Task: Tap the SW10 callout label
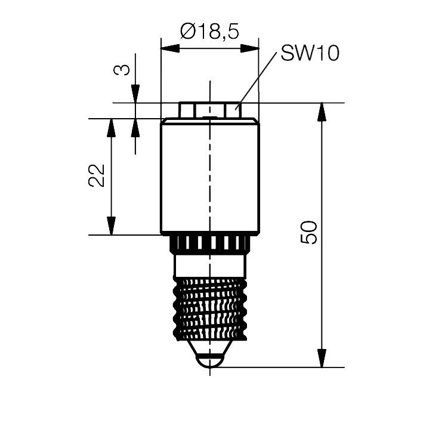(x=310, y=53)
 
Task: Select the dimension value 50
(x=310, y=232)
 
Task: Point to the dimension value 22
(x=97, y=175)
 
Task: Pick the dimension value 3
(x=121, y=70)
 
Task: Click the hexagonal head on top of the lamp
(x=209, y=110)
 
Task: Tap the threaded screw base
(x=210, y=307)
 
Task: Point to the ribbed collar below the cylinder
(x=210, y=243)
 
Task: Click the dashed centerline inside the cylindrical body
(x=210, y=179)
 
